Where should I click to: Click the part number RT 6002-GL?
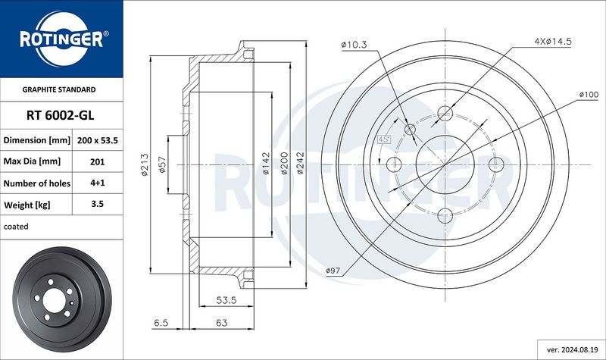click(61, 115)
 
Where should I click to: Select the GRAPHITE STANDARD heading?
click(59, 89)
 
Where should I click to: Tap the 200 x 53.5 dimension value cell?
click(98, 140)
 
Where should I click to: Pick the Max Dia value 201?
click(98, 161)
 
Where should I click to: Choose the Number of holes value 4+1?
click(98, 183)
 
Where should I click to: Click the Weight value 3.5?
click(98, 204)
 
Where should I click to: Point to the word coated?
click(16, 227)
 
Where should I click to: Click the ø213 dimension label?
click(145, 165)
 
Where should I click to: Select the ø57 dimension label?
click(162, 164)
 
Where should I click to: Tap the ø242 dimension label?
click(300, 164)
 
